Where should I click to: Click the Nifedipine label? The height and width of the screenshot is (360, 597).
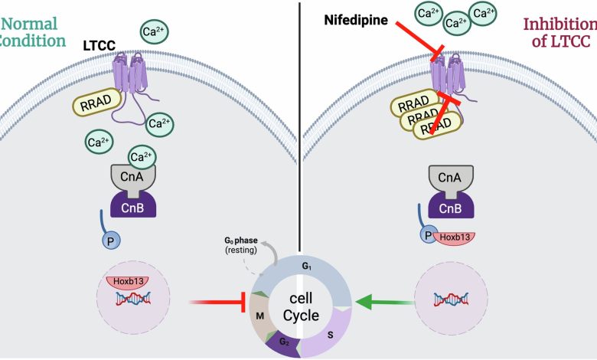[356, 20]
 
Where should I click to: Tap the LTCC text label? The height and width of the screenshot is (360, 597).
[99, 46]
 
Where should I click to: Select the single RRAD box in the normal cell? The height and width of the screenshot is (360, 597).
[96, 103]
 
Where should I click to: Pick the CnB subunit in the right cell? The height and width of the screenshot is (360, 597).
[451, 206]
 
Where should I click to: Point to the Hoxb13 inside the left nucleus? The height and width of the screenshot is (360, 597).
[129, 283]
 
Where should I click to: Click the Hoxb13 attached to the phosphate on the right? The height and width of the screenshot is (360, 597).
[454, 238]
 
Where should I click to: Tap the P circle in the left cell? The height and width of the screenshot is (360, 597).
[111, 241]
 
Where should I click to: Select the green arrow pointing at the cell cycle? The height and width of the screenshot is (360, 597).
[384, 303]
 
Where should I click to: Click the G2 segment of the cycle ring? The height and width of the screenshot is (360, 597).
[283, 342]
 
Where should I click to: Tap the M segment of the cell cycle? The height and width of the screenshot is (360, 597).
[260, 316]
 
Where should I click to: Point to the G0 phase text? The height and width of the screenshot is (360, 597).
[241, 241]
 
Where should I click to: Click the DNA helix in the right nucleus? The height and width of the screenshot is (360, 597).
[451, 299]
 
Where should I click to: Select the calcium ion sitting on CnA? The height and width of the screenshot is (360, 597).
[142, 156]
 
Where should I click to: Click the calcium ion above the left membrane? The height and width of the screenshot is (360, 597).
[154, 32]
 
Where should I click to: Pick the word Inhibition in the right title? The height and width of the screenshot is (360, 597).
[560, 25]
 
